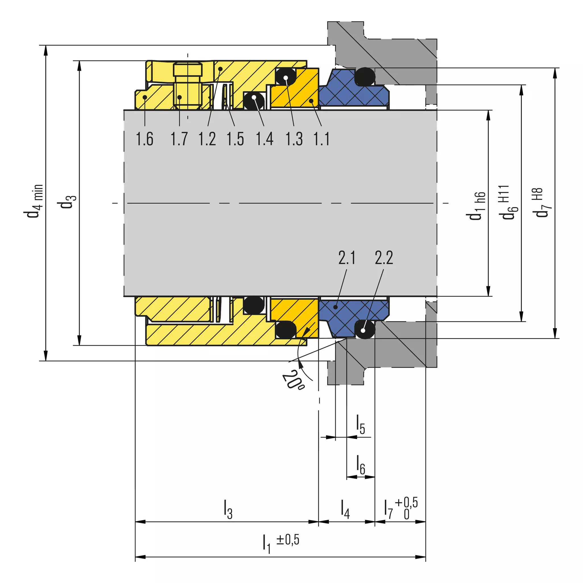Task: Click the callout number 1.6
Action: tap(144, 139)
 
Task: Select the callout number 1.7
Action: tap(179, 139)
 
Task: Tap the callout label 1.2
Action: tap(207, 139)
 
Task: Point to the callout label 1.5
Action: tap(235, 139)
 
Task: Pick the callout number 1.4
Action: tap(265, 139)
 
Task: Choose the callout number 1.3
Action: tap(294, 139)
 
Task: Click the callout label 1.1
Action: tap(321, 139)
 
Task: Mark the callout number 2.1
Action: tap(347, 258)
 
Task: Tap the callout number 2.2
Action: tap(384, 258)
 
